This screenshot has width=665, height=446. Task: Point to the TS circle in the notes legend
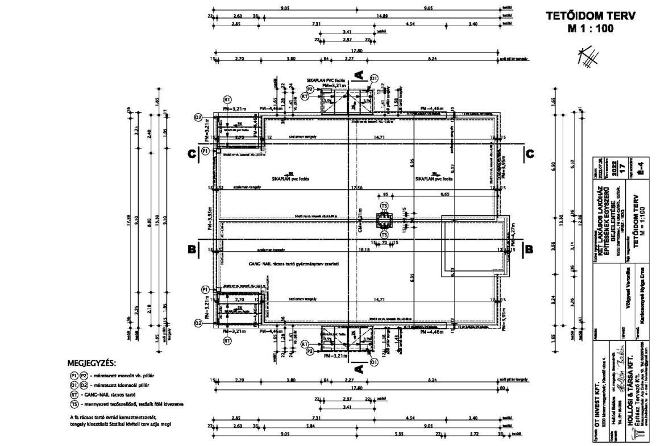click(x=73, y=403)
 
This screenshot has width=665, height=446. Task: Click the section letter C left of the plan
click(x=193, y=153)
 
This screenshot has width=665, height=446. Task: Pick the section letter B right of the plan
click(x=528, y=248)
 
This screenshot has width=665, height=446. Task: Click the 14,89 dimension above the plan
click(x=381, y=16)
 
